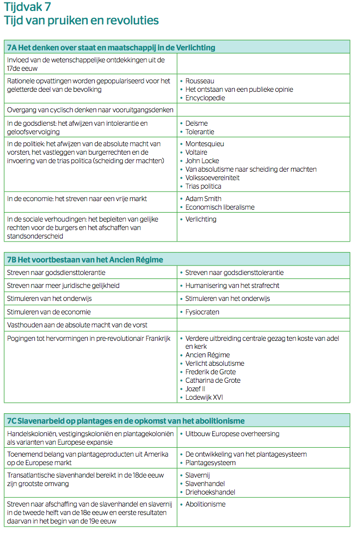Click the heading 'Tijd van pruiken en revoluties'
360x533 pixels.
pos(81,20)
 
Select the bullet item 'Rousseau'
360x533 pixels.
pos(200,81)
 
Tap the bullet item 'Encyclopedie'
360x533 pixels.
pos(205,98)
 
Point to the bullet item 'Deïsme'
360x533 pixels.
pos(196,123)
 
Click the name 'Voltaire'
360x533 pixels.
pos(196,152)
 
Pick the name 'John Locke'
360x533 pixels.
pos(202,161)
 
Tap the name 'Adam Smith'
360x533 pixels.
pos(203,199)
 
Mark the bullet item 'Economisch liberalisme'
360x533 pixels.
pos(220,207)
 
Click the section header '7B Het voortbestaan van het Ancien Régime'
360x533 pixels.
pos(85,260)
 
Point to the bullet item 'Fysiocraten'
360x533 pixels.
pos(202,312)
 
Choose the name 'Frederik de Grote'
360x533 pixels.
pos(210,372)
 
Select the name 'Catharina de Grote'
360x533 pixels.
pos(213,380)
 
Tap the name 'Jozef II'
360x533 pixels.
pos(195,389)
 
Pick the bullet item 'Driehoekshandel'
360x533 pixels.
pos(210,492)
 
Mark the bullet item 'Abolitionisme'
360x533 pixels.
pos(205,504)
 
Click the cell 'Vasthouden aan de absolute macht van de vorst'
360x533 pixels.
pos(77,325)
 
